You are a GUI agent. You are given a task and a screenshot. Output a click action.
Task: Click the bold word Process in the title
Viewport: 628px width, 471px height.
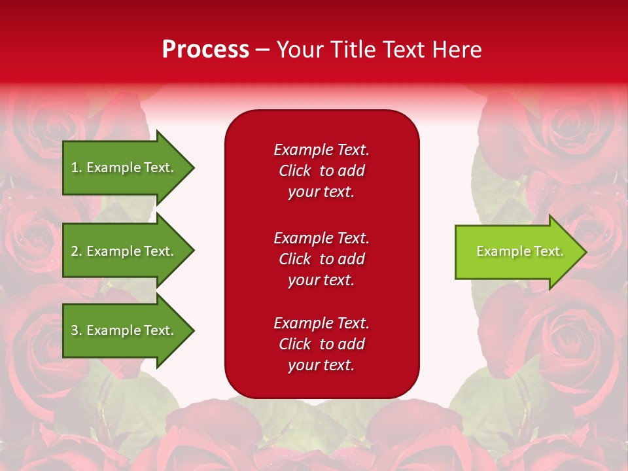[205, 50]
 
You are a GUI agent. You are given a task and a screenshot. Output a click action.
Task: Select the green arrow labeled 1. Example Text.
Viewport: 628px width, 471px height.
[124, 167]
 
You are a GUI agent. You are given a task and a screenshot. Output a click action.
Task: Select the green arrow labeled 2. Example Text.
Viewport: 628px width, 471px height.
[124, 251]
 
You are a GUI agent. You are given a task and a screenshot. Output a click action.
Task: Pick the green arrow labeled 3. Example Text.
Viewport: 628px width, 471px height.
[124, 330]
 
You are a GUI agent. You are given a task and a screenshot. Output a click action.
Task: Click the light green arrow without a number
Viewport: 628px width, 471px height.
[517, 251]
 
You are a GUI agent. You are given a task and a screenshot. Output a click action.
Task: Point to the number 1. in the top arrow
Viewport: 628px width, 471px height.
[76, 167]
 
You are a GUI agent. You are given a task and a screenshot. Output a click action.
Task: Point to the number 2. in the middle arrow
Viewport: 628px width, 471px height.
[76, 251]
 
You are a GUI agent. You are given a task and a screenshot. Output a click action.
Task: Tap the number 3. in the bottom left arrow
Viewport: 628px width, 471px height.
[76, 330]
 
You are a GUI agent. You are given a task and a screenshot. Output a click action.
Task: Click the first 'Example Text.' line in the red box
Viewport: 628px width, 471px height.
[321, 150]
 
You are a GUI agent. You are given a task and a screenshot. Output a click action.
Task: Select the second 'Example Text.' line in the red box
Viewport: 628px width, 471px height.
[321, 238]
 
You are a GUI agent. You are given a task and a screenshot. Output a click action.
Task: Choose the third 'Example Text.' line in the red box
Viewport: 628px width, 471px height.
[321, 323]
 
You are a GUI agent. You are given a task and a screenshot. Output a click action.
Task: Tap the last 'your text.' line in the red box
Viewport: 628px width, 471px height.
[321, 366]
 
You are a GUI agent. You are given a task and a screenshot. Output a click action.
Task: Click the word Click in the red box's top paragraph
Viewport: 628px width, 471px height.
[294, 171]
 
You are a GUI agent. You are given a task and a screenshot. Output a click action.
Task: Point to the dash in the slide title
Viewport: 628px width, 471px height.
[263, 50]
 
